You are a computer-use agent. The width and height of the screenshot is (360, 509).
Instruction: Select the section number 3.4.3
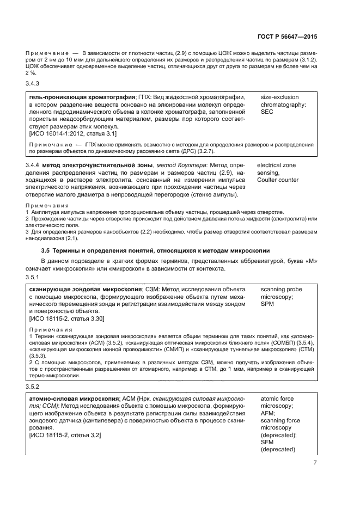[33, 83]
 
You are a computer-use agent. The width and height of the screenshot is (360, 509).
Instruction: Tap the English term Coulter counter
[277, 180]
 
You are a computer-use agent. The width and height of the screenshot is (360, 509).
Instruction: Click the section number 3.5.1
[33, 277]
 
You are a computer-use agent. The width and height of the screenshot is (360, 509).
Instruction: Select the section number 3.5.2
[33, 387]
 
